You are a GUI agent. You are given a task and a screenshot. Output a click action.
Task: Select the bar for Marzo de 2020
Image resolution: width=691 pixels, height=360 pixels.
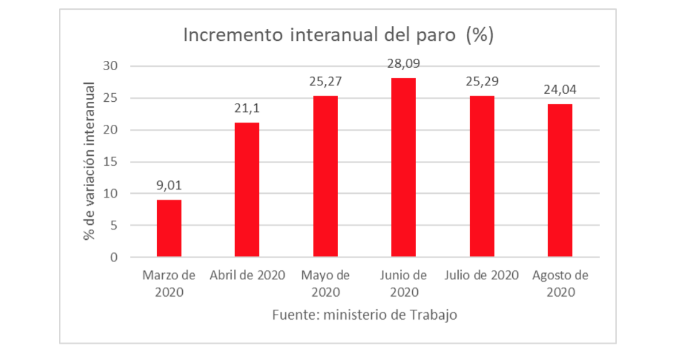pyautogui.click(x=169, y=228)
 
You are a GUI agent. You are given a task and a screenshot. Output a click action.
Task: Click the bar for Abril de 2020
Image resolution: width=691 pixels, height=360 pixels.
pyautogui.click(x=247, y=189)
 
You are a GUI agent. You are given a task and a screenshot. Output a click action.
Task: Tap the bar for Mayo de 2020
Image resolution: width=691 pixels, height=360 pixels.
pyautogui.click(x=325, y=176)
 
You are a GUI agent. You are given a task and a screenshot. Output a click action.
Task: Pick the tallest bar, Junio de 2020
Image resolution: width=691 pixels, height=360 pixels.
pyautogui.click(x=404, y=167)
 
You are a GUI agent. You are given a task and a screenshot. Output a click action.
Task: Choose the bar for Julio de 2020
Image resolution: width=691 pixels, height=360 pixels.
pyautogui.click(x=482, y=176)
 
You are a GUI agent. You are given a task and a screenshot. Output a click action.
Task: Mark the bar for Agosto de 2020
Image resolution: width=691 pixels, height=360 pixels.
pyautogui.click(x=560, y=180)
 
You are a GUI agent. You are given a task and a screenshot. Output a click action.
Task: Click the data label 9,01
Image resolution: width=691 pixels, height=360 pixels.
pyautogui.click(x=169, y=186)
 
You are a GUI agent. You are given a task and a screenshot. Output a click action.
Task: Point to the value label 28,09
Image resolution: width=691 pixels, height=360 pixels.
pyautogui.click(x=404, y=64)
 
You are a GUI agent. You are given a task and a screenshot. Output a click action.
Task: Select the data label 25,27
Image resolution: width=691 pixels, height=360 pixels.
pyautogui.click(x=325, y=82)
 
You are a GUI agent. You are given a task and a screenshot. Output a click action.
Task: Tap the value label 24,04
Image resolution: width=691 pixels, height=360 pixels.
pyautogui.click(x=560, y=90)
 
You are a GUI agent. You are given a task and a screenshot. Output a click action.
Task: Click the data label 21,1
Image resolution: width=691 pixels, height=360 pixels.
pyautogui.click(x=247, y=109)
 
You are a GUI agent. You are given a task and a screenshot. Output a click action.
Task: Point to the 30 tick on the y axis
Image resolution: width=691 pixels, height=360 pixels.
pyautogui.click(x=110, y=66)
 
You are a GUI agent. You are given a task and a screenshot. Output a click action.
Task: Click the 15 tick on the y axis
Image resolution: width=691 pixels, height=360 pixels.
pyautogui.click(x=110, y=162)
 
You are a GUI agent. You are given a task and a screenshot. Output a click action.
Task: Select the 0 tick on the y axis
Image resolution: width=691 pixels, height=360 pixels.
pyautogui.click(x=114, y=257)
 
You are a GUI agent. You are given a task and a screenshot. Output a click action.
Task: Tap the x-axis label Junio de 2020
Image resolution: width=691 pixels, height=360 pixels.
pyautogui.click(x=404, y=284)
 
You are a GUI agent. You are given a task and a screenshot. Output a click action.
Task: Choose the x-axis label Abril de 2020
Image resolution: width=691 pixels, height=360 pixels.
pyautogui.click(x=247, y=275)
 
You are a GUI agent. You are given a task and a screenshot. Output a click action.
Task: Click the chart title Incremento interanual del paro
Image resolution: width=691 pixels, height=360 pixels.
pyautogui.click(x=339, y=35)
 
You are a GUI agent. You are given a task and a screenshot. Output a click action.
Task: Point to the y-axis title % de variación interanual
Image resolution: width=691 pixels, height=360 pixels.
pyautogui.click(x=90, y=161)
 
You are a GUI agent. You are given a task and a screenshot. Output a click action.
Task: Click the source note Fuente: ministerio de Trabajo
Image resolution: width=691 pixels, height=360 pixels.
pyautogui.click(x=364, y=315)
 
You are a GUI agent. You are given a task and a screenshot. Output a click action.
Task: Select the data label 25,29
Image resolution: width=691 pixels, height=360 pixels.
pyautogui.click(x=482, y=82)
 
